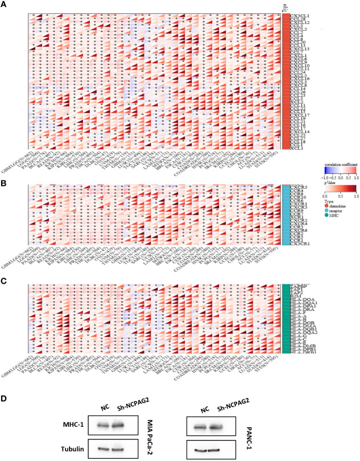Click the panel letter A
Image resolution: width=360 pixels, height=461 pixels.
coord(5,5)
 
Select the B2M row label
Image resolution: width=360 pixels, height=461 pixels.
coord(292,295)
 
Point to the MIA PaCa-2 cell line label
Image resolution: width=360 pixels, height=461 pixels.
coord(152,435)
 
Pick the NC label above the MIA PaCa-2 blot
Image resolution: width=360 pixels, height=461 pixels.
coord(89,406)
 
